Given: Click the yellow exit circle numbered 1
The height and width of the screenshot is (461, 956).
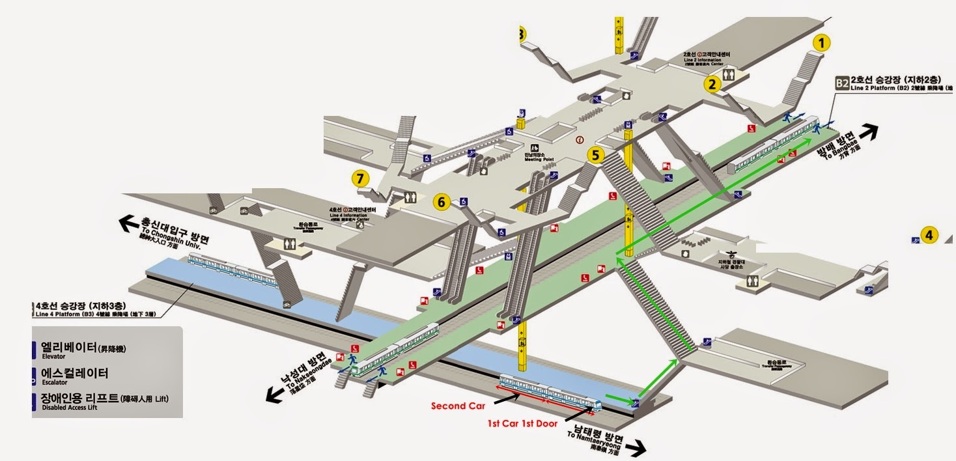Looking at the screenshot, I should (x=822, y=43).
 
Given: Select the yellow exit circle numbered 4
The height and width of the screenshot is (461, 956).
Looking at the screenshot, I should (x=929, y=235).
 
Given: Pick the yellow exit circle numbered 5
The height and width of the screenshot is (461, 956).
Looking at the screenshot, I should (x=596, y=155).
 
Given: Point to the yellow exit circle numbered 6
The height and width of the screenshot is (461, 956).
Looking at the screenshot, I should (x=441, y=203).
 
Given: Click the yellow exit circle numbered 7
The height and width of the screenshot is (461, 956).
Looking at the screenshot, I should (x=360, y=177).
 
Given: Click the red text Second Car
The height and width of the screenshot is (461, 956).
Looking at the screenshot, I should (x=458, y=406).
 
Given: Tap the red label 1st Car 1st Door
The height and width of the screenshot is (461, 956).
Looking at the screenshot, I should (x=522, y=423).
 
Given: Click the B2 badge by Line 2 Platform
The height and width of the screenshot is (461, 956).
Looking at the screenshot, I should (x=842, y=83).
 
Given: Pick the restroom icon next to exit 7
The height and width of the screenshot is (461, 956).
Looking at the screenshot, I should (x=410, y=197).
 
